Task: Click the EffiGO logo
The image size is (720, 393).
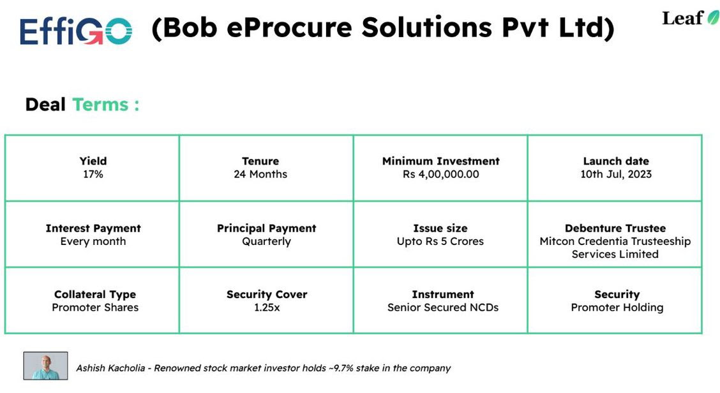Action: (x=75, y=31)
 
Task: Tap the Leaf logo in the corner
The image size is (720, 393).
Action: (x=690, y=18)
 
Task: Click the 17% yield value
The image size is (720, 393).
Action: (x=93, y=174)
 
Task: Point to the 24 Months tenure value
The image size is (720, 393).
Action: (x=260, y=174)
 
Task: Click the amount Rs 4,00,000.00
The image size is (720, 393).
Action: (x=440, y=174)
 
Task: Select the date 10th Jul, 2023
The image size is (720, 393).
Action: (x=616, y=174)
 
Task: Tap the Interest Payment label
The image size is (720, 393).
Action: (x=93, y=228)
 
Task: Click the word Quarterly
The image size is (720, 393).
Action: (x=266, y=241)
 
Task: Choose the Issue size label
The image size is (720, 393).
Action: (x=440, y=228)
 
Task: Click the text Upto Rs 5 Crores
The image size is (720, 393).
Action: (x=440, y=241)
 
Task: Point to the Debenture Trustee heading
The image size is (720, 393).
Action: (x=615, y=228)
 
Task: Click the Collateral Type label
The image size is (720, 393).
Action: (x=95, y=295)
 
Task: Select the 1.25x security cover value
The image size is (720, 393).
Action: (x=267, y=308)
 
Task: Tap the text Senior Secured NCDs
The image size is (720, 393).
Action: (x=443, y=308)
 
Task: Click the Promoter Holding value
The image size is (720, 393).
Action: (x=617, y=308)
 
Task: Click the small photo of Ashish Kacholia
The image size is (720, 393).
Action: (x=45, y=366)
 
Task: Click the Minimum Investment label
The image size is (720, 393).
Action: (x=440, y=161)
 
